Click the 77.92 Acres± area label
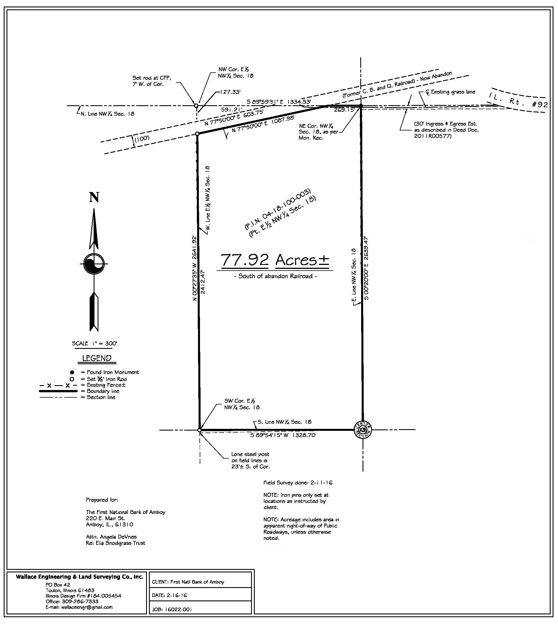tap(275, 260)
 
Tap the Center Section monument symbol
tap(363, 430)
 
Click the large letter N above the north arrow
tap(94, 197)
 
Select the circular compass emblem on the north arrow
tap(94, 263)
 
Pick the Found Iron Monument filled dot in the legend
tap(72, 372)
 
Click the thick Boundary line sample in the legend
tap(58, 391)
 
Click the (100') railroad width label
tap(142, 138)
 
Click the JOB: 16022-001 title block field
tap(172, 610)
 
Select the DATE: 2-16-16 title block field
tap(170, 595)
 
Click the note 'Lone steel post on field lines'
tap(250, 460)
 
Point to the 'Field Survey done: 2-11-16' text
tap(298, 483)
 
